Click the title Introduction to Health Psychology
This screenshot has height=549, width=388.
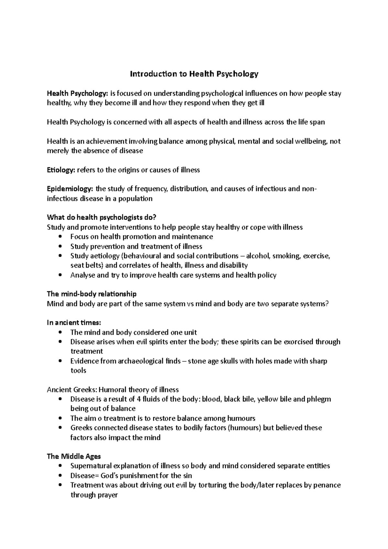pos(194,74)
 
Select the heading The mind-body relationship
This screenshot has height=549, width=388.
pos(92,294)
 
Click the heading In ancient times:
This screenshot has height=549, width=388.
pos(74,323)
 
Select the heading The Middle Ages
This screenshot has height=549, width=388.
pos(74,457)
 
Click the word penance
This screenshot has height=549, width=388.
pos(327,485)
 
